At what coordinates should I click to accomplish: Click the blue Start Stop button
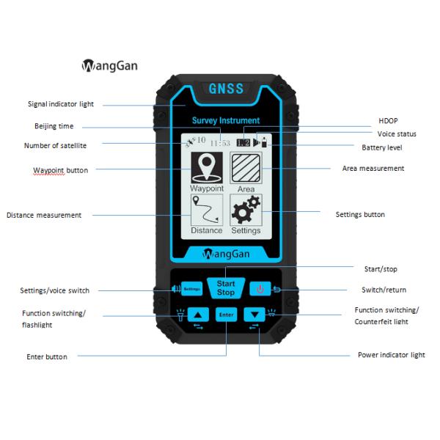[x=225, y=287]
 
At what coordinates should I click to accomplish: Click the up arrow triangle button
[x=198, y=314]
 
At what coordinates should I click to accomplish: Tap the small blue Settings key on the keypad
[x=191, y=289]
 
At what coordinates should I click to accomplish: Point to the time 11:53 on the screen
[x=221, y=142]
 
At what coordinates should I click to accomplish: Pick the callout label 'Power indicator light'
[x=391, y=355]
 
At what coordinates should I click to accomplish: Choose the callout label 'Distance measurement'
[x=44, y=216]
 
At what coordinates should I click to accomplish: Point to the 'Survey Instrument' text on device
[x=225, y=120]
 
